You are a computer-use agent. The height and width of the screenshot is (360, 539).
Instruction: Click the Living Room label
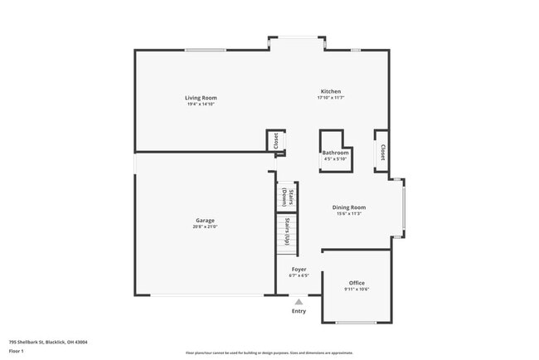[x=201, y=98]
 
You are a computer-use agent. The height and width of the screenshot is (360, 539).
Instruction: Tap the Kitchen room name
[x=331, y=91]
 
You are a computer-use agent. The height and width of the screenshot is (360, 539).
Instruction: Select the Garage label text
[x=206, y=220]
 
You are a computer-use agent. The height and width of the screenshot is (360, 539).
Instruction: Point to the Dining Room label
[x=348, y=207]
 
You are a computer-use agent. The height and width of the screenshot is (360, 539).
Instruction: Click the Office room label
[x=357, y=283]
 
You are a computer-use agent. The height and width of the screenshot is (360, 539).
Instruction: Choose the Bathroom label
[x=335, y=153]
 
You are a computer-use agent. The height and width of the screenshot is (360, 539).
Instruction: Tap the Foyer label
[x=299, y=269]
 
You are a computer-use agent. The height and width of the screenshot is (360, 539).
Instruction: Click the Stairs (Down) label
[x=284, y=197]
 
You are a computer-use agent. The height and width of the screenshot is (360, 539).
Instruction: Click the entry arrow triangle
[x=299, y=302]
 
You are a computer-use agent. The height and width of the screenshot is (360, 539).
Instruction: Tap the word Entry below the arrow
[x=299, y=311]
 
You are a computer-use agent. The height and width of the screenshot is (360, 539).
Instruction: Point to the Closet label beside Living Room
[x=275, y=141]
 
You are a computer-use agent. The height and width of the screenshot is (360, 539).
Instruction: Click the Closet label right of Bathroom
[x=382, y=152]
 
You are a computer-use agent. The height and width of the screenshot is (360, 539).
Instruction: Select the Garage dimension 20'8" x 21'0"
[x=206, y=226]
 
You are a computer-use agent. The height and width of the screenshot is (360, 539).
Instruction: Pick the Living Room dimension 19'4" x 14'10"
[x=201, y=104]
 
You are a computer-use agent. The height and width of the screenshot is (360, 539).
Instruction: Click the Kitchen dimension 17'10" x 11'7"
[x=331, y=98]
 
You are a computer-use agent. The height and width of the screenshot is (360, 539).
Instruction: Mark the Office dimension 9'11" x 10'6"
[x=357, y=289]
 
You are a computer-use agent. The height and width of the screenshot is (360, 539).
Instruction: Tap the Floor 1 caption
[x=16, y=351]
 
